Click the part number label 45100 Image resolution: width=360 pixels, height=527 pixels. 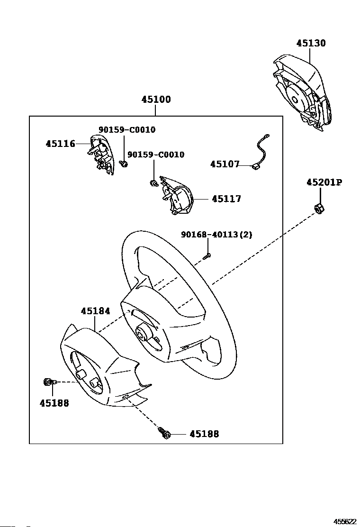pyautogui.click(x=156, y=100)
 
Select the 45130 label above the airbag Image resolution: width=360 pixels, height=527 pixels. pyautogui.click(x=311, y=43)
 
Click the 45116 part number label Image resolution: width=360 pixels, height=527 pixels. pyautogui.click(x=61, y=144)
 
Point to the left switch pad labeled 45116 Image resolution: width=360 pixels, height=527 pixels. pyautogui.click(x=101, y=154)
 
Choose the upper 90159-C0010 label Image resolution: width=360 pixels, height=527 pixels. pyautogui.click(x=127, y=130)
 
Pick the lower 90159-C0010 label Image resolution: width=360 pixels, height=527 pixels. pyautogui.click(x=156, y=154)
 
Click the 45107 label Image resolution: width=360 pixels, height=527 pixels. pyautogui.click(x=225, y=164)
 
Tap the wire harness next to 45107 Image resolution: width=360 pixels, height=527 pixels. pyautogui.click(x=261, y=151)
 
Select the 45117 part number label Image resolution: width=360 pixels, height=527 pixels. pyautogui.click(x=226, y=199)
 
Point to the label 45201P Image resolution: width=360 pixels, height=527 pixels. pyautogui.click(x=324, y=182)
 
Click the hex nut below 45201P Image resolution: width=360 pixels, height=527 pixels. pyautogui.click(x=318, y=209)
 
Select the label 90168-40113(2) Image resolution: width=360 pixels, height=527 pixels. pyautogui.click(x=216, y=234)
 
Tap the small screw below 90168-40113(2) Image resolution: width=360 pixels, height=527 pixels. pyautogui.click(x=207, y=256)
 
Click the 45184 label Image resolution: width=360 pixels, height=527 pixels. pyautogui.click(x=95, y=311)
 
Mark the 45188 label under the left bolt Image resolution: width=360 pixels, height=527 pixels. pyautogui.click(x=54, y=403)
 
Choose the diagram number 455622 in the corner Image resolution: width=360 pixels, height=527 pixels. pyautogui.click(x=344, y=521)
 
